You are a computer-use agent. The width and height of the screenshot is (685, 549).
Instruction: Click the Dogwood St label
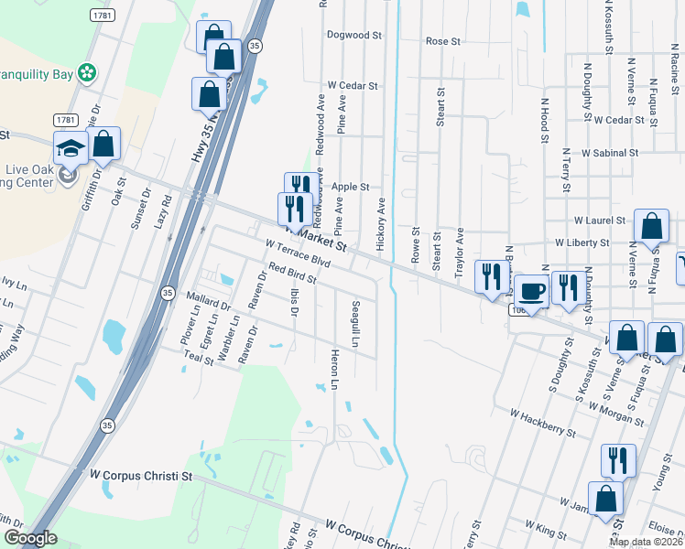coord(354,35)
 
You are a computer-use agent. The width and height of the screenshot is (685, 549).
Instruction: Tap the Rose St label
coord(442,41)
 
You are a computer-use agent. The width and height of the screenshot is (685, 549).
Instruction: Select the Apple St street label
coord(350,187)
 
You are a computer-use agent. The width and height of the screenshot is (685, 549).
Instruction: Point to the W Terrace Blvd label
coord(297,253)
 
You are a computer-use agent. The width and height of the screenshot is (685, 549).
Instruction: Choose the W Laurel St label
coord(599,221)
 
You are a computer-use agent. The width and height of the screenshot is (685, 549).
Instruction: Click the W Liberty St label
coord(582,242)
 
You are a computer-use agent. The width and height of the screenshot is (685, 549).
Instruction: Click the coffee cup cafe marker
coord(532,291)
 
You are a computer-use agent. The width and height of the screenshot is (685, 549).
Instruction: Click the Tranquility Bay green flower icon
coord(87,71)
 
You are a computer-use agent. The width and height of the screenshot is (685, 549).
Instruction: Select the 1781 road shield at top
coord(103,16)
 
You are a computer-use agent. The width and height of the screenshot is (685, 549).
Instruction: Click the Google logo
coord(29,538)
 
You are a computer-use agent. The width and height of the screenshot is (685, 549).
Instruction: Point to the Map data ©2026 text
coord(646,543)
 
